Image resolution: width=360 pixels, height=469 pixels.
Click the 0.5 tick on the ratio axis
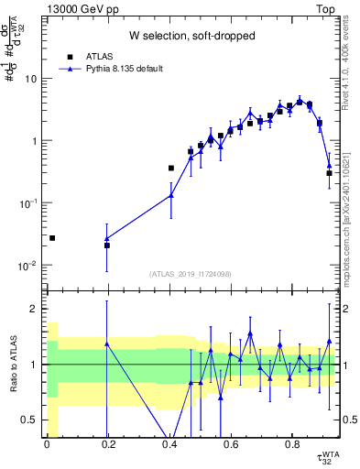(32, 420)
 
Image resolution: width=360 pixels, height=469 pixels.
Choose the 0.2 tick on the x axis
(108, 446)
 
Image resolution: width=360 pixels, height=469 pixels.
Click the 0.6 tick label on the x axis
(231, 446)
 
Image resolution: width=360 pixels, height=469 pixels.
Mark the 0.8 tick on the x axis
(292, 446)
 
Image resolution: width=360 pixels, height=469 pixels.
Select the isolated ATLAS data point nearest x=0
(52, 238)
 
